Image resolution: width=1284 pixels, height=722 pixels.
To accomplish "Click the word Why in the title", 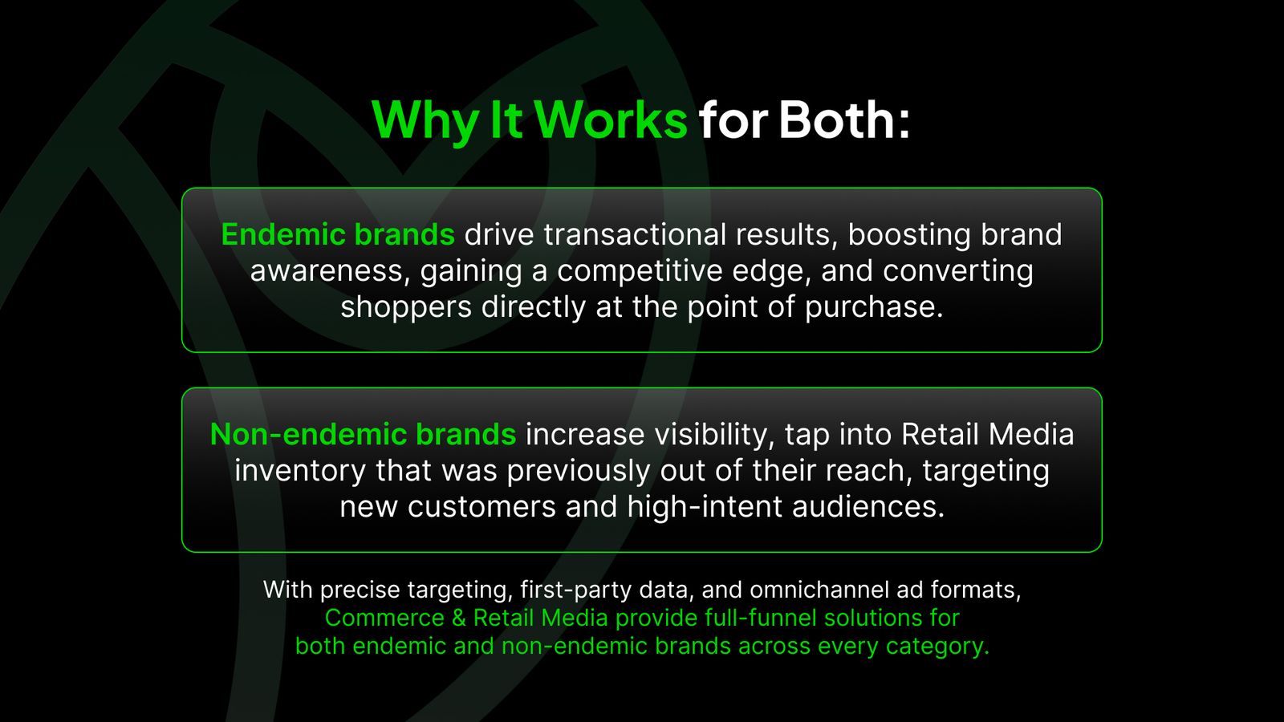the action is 425,121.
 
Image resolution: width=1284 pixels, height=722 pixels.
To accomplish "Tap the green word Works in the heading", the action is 610,120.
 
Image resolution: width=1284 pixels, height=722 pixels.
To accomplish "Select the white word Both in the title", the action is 837,120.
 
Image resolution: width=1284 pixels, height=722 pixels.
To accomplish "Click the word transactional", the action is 635,234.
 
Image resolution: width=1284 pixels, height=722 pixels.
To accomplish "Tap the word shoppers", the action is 406,307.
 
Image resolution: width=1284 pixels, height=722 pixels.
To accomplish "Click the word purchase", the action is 874,307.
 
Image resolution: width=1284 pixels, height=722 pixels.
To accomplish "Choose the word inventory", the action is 300,470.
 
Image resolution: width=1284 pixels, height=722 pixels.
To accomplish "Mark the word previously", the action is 579,470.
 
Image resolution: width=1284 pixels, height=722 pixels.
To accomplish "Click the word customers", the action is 482,506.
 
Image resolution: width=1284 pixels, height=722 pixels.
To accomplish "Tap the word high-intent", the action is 705,506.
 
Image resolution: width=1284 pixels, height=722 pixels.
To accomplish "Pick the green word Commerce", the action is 384,618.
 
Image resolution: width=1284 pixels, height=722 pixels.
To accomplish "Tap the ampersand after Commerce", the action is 458,618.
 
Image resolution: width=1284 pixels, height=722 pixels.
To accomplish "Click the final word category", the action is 938,647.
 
